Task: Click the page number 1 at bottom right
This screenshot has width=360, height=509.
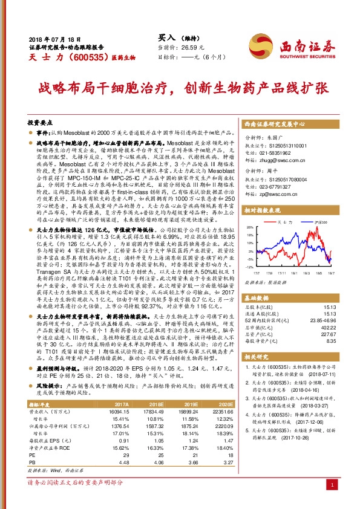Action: [x=332, y=484]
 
